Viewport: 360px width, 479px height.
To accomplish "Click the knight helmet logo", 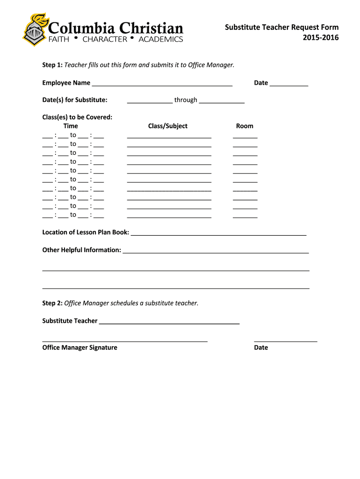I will (x=34, y=30).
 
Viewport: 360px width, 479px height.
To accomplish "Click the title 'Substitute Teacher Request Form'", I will (x=281, y=28).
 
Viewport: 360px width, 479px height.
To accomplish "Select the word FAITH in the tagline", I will (x=59, y=39).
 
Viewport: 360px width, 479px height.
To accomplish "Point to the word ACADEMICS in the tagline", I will (x=161, y=39).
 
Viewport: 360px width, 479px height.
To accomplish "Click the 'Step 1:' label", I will (x=52, y=65).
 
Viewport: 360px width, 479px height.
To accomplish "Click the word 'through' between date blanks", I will (x=186, y=100).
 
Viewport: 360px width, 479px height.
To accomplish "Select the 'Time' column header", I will (x=71, y=126).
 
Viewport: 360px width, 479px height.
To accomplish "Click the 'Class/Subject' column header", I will (x=168, y=126).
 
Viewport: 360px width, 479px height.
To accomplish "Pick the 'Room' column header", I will (x=245, y=126).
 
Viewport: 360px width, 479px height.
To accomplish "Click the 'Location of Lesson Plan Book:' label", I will (x=86, y=232).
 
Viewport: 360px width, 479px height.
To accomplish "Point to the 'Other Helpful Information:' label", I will (x=82, y=250).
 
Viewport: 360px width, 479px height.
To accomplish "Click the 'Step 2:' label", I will (x=52, y=303).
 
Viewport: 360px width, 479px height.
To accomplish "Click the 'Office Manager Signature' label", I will (x=79, y=348).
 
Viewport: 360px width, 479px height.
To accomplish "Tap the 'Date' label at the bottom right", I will (x=261, y=348).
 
